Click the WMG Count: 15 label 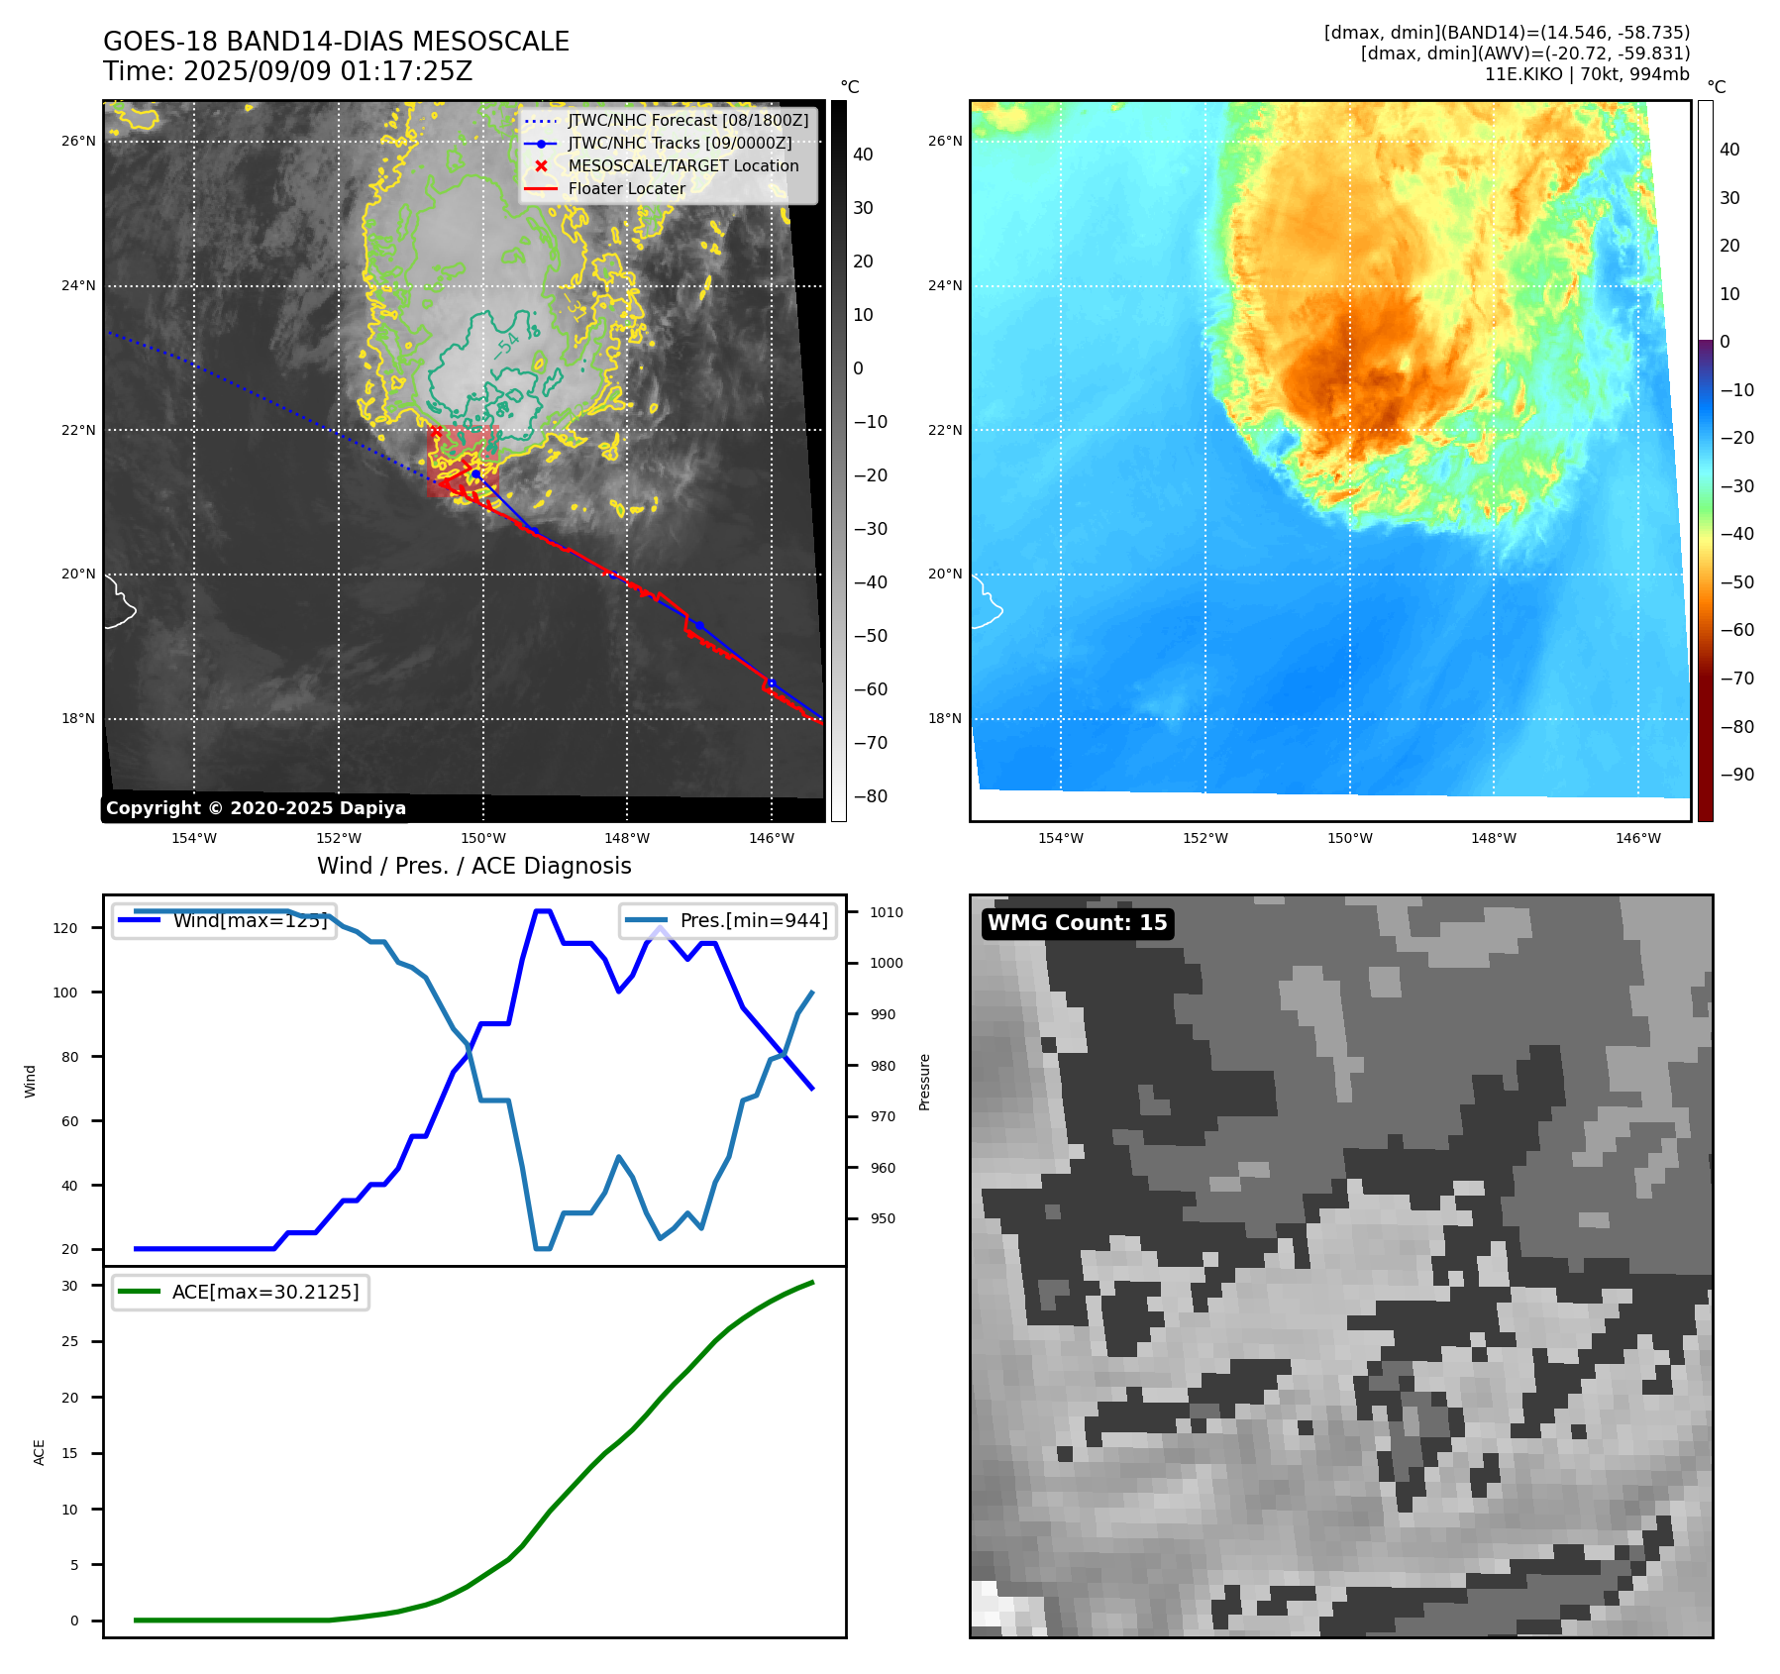pos(1077,923)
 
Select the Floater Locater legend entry pos(626,188)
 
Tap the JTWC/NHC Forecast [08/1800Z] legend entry pos(687,120)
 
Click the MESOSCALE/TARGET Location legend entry pos(682,165)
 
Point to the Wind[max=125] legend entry pos(249,920)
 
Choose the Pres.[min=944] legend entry pos(753,920)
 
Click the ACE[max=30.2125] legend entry pos(264,1292)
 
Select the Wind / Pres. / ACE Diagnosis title pos(473,866)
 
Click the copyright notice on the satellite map pos(256,808)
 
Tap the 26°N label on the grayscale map pos(78,141)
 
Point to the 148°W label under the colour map pos(1493,838)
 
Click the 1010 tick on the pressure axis pos(887,912)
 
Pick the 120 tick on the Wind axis pos(65,928)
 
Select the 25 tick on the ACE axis pos(69,1341)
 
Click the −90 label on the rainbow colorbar pos(1736,775)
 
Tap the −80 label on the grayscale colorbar pos(870,796)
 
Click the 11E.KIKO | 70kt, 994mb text pos(1586,74)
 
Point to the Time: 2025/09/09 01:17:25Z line pos(287,71)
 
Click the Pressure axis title pos(924,1082)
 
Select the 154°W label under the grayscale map pos(194,838)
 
